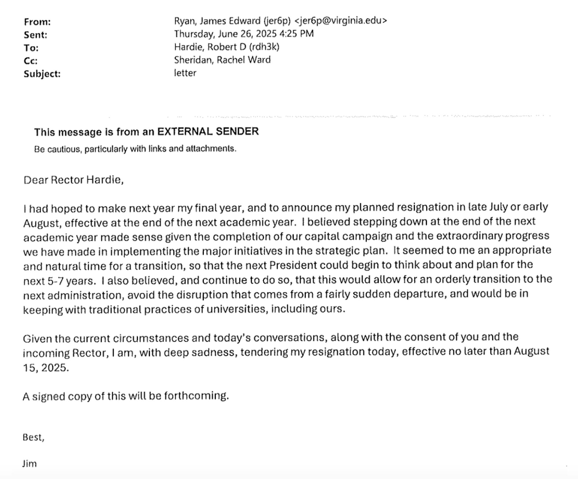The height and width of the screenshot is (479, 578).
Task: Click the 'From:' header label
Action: (37, 22)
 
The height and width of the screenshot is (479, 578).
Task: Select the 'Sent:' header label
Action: (35, 35)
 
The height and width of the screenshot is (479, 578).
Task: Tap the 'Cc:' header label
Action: (30, 61)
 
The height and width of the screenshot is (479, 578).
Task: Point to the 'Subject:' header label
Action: (42, 74)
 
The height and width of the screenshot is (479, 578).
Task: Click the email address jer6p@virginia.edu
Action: (340, 21)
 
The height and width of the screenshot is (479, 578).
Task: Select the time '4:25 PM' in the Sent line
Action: (297, 34)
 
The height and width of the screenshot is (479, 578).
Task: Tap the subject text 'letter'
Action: (185, 73)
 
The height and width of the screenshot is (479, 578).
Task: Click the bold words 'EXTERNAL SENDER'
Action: (208, 131)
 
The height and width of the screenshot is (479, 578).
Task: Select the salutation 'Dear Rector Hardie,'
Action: (73, 180)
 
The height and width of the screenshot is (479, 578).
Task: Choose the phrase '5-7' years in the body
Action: (55, 281)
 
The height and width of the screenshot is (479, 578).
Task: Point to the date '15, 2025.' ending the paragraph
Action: (46, 367)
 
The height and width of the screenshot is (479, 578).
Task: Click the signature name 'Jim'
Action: (29, 464)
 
